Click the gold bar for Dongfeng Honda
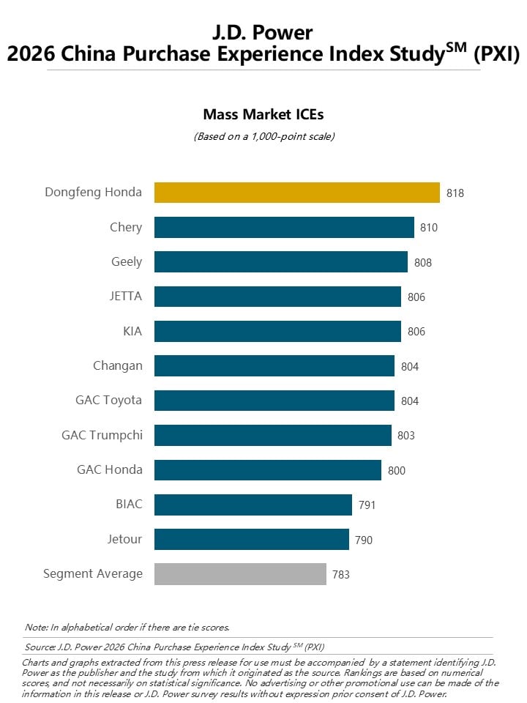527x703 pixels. [x=297, y=193]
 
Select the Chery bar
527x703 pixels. [x=284, y=227]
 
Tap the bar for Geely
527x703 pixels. [x=281, y=262]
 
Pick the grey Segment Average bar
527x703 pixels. [x=240, y=574]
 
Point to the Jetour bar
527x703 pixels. [x=251, y=539]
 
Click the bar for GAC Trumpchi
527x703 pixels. [x=273, y=435]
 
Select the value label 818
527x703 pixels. [x=455, y=193]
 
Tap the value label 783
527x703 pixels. [x=340, y=574]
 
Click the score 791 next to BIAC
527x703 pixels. [x=367, y=505]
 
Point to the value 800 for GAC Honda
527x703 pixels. [x=396, y=470]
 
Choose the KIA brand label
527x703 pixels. [x=132, y=331]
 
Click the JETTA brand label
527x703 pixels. [x=125, y=296]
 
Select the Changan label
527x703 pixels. [x=117, y=366]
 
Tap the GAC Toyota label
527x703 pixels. [x=108, y=400]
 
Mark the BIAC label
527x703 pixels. [x=129, y=504]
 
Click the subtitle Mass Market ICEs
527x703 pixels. [x=263, y=114]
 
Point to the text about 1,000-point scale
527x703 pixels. [x=264, y=136]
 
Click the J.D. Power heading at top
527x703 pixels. [x=263, y=32]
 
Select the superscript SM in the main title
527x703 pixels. [x=457, y=48]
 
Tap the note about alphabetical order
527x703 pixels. [x=127, y=628]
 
